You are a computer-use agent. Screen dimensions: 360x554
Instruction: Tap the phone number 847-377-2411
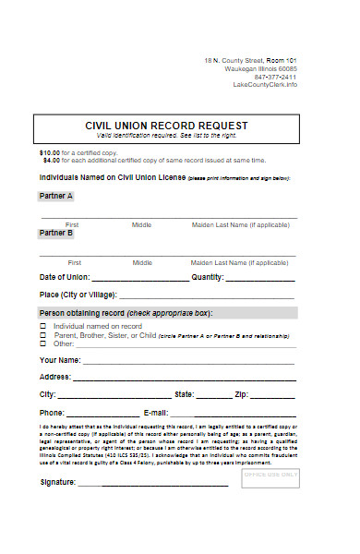coord(276,77)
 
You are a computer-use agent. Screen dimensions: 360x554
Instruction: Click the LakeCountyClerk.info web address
coord(266,85)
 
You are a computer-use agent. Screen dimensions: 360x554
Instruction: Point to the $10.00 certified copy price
coord(49,151)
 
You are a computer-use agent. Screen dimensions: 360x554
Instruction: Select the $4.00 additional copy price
coord(51,159)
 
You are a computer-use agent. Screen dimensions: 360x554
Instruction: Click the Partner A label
coord(55,196)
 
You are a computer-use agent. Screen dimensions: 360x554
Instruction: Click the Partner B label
coord(55,234)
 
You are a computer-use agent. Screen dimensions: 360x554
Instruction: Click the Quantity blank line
coord(260,279)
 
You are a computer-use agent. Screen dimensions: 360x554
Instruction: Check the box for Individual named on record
coord(42,326)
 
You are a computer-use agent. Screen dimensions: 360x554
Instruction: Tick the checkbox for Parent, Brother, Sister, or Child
coord(42,335)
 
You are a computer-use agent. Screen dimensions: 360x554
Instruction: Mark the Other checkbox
coord(42,344)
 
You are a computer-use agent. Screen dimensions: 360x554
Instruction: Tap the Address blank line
coord(185,379)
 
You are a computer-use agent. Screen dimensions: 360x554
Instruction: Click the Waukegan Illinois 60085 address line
coord(263,68)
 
